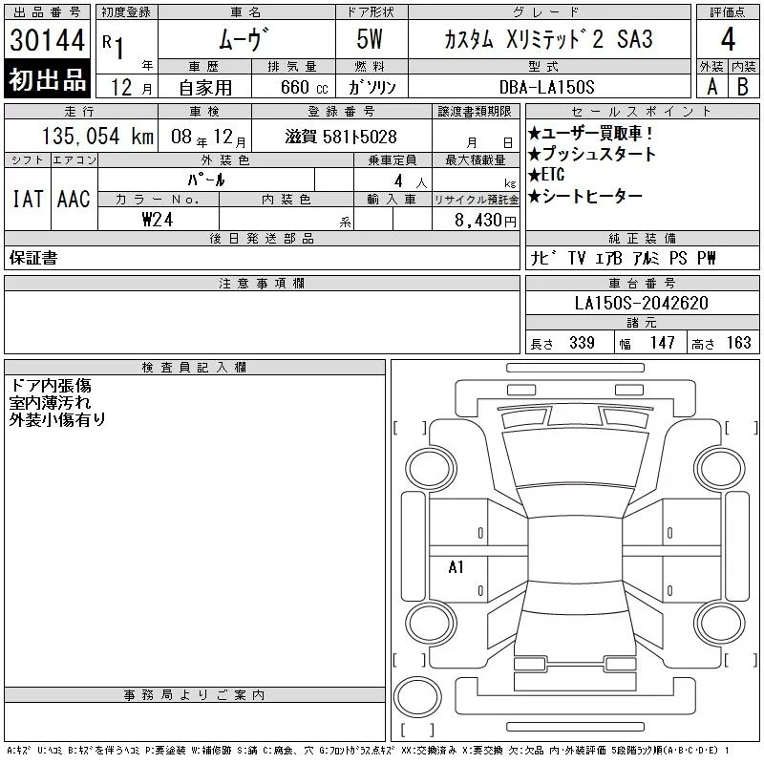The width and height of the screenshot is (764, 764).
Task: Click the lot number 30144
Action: coord(47,40)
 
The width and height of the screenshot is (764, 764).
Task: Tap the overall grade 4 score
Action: coord(728,39)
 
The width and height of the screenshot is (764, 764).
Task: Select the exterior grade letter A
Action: coord(711,87)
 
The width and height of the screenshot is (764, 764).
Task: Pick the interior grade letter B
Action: coord(743,87)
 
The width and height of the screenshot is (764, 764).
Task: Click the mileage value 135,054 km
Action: coord(97,136)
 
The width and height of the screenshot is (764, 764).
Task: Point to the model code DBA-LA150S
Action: coord(546,87)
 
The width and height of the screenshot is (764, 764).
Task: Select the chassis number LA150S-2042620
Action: coord(641,303)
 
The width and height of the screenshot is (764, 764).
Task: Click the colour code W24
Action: coord(158,220)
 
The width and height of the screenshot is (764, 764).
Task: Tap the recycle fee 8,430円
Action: coord(485,221)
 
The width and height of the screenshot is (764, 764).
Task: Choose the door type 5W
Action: coord(370,39)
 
